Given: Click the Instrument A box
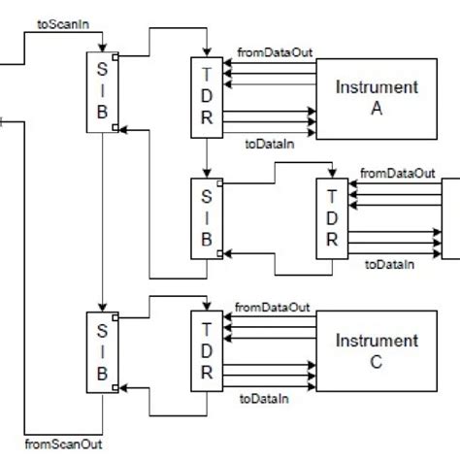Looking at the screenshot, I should pos(377,97).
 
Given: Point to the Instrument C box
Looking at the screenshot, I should pos(377,350).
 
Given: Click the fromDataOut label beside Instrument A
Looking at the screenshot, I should pos(274,50).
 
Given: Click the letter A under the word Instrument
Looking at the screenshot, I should pos(377,109).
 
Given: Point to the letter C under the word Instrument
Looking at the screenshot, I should pos(377,363).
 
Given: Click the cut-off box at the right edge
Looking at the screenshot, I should pos(450,217).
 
